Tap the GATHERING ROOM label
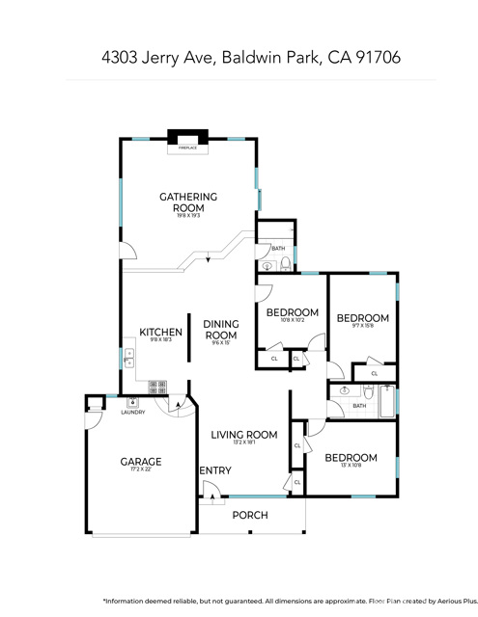(x=188, y=202)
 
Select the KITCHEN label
(x=160, y=333)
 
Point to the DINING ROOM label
(x=221, y=330)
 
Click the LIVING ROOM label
(x=244, y=435)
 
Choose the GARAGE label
(x=140, y=462)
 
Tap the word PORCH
(x=251, y=515)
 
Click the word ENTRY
(x=215, y=470)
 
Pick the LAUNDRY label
(x=132, y=413)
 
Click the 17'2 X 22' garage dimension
(x=140, y=471)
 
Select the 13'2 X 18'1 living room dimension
(x=244, y=444)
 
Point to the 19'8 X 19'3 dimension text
(x=188, y=216)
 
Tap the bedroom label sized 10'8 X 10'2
(x=293, y=312)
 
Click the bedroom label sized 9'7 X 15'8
(x=362, y=318)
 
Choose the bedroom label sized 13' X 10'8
(x=351, y=457)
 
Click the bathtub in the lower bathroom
(x=388, y=400)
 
